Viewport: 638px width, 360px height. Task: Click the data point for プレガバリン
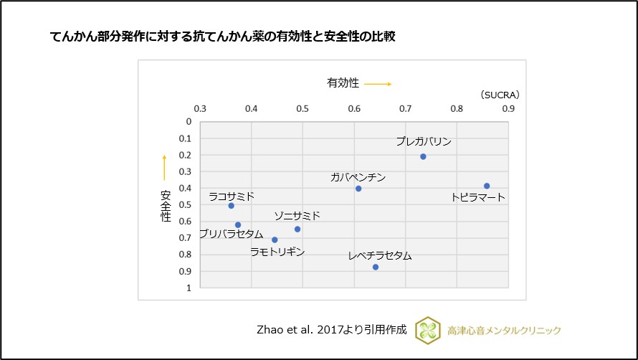(x=423, y=156)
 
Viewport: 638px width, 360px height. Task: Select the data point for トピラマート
(x=487, y=186)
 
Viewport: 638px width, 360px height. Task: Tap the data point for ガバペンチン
(x=358, y=189)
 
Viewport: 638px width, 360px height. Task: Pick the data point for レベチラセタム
(x=376, y=267)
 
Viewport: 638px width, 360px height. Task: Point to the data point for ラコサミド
(x=231, y=206)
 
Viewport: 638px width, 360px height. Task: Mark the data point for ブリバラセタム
(x=238, y=225)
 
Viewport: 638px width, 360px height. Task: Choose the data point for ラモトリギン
(x=275, y=240)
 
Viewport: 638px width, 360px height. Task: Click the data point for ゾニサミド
(x=297, y=229)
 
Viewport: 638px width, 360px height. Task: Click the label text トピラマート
(x=478, y=197)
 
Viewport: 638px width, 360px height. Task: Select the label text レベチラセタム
(x=380, y=255)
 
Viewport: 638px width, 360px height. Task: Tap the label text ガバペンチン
(x=358, y=176)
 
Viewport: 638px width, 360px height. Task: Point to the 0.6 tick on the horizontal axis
(x=354, y=108)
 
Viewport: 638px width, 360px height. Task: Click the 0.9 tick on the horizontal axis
(x=508, y=108)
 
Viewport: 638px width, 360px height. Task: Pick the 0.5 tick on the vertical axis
(x=189, y=205)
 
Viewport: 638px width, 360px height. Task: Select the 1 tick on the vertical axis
(x=189, y=288)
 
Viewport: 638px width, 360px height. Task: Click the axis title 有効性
(x=343, y=83)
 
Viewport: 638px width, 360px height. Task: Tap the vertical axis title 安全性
(x=166, y=205)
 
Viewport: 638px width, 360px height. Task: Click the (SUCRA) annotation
(x=500, y=95)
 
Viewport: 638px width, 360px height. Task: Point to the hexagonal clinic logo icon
(x=428, y=330)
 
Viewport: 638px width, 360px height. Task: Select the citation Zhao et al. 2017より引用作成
(x=331, y=330)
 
